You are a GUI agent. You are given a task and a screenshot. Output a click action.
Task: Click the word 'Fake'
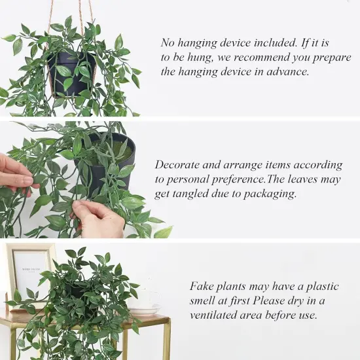coord(202,286)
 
